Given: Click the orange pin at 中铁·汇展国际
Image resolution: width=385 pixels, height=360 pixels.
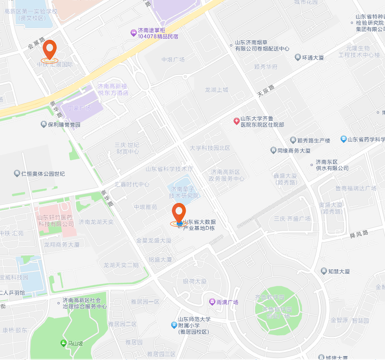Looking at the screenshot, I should click(x=49, y=50).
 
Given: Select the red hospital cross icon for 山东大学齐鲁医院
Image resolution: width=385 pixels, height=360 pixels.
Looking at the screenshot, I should click(x=236, y=122).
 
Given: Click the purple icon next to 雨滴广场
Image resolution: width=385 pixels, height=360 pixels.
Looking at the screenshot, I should click(x=212, y=302).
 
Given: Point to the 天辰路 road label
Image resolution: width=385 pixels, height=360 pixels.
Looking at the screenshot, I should click(x=266, y=91).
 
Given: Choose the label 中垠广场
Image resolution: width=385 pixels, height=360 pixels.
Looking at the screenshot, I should click(x=173, y=60).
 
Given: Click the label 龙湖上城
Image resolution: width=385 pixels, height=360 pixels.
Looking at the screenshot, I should click(x=217, y=90).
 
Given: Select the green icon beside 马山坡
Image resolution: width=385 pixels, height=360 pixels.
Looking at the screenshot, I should click(x=63, y=344).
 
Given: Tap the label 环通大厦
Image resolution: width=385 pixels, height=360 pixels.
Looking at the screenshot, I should click(x=313, y=58).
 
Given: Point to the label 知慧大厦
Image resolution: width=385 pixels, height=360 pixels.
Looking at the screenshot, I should click(x=339, y=271).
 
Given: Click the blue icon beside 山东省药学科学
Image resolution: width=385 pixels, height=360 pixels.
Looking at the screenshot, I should click(x=343, y=139).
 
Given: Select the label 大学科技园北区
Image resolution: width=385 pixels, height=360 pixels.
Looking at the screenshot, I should click(x=210, y=148).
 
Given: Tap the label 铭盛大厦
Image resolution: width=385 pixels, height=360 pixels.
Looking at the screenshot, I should click(x=160, y=260).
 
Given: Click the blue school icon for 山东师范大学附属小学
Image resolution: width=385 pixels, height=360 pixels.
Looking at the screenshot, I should click(x=174, y=325).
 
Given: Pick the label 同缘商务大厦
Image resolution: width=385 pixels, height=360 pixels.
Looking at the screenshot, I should click(x=294, y=150).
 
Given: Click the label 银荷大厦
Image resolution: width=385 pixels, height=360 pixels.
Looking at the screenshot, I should click(x=195, y=282).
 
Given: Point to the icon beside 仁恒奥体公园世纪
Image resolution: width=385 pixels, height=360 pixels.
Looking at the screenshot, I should click(x=17, y=173).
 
